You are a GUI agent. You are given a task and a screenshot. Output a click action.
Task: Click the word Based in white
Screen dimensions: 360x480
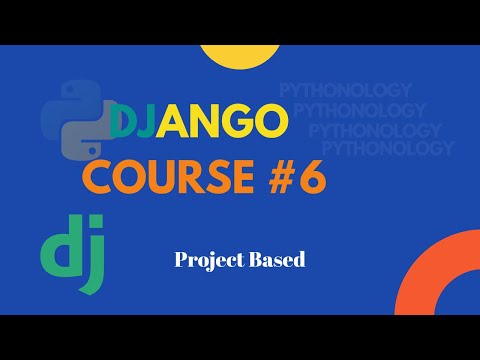point(274,259)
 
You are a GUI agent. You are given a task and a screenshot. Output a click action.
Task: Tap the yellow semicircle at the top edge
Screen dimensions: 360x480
point(238,56)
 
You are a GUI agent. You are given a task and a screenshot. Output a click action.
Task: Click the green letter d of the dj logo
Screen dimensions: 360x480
point(58,249)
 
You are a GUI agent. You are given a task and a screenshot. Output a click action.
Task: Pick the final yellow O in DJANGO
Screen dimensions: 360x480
point(271,125)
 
